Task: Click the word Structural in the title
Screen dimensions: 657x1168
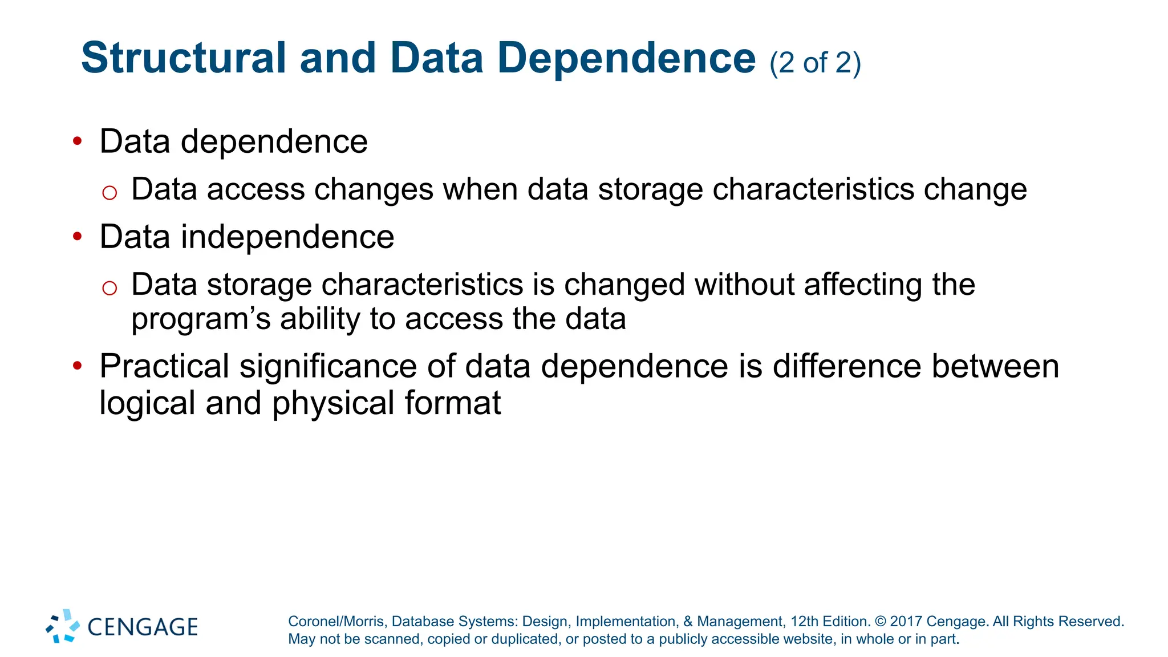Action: coord(184,58)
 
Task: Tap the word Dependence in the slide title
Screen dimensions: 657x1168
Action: coord(626,58)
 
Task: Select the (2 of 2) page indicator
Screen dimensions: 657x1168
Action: coord(815,63)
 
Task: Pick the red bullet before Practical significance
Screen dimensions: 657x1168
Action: coord(78,366)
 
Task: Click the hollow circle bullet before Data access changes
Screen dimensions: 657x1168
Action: coord(109,193)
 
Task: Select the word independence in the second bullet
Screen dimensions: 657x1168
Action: coord(287,236)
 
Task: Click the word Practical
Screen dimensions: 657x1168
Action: coord(164,366)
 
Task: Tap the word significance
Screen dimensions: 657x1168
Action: coord(328,366)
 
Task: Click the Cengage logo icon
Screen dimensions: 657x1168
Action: coord(63,626)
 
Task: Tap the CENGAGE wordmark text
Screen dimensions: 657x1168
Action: coord(143,627)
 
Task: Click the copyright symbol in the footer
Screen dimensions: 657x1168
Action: coord(880,622)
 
